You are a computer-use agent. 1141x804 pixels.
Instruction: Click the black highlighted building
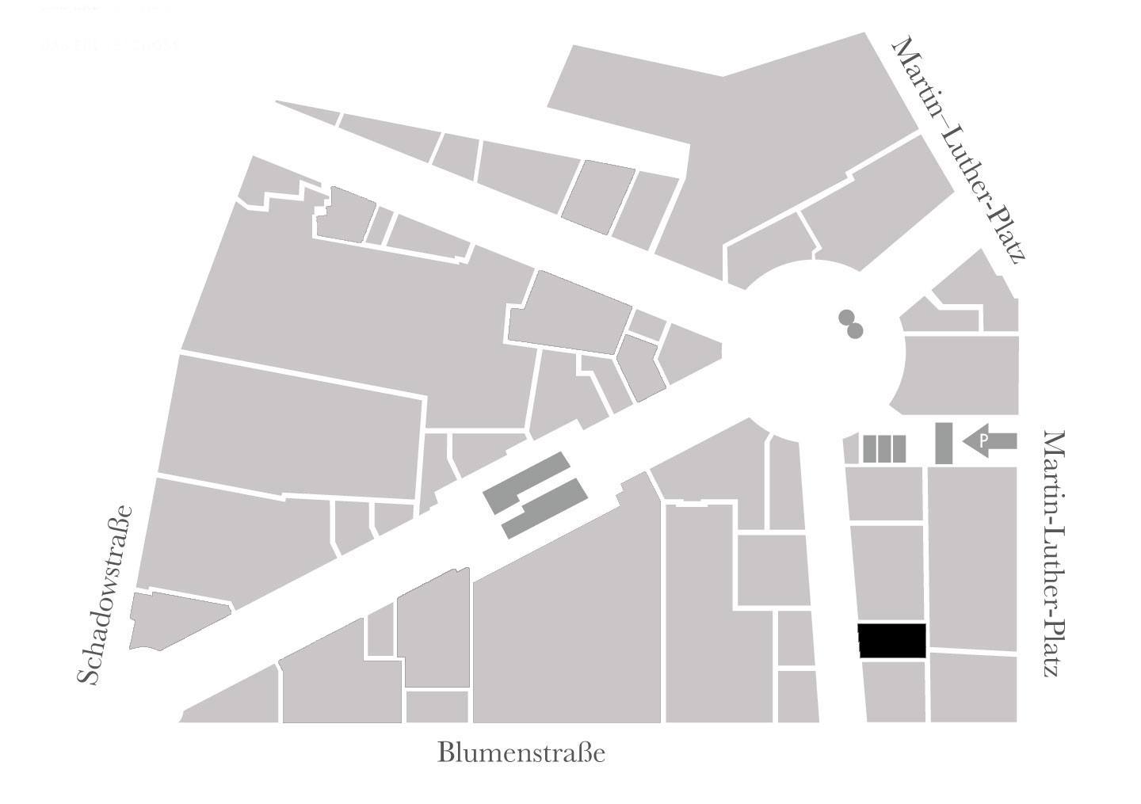tap(892, 641)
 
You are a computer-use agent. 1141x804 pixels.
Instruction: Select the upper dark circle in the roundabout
tap(846, 318)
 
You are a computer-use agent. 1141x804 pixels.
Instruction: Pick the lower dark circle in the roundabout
tap(854, 330)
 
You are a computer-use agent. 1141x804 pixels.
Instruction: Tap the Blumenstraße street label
tap(521, 753)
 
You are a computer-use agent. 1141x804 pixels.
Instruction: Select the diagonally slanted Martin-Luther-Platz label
tap(960, 151)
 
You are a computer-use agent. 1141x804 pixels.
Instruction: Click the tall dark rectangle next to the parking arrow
tap(944, 444)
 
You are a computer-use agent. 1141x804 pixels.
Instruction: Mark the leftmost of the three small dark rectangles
tap(869, 448)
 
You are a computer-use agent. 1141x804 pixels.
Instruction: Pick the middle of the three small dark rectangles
tap(884, 448)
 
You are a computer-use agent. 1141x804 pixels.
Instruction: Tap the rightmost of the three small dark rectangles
tap(899, 448)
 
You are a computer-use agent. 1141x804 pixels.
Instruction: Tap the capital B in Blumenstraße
tap(445, 753)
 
